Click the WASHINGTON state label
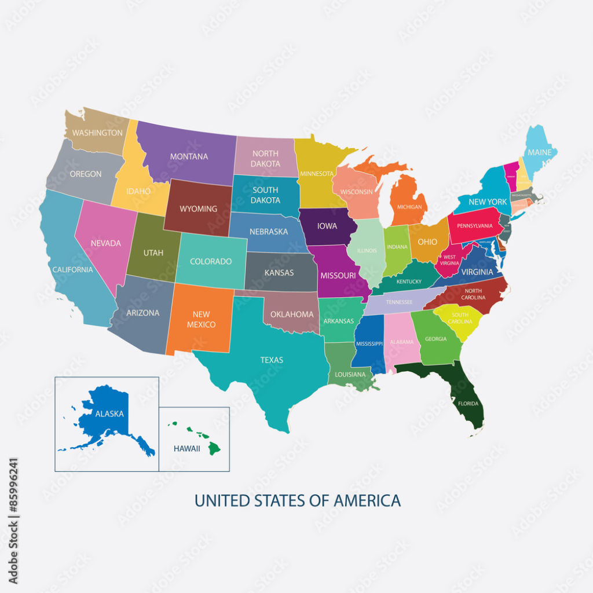pos(97,133)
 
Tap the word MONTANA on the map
pos(189,156)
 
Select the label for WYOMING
pos(198,208)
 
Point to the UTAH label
pos(153,252)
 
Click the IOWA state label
pos(327,226)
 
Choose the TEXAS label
pos(272,360)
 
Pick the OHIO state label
pos(427,241)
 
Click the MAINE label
pos(539,153)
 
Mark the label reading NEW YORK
pos(488,202)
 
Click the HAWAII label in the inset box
pos(186,448)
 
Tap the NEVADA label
pos(106,243)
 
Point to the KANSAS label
pos(279,272)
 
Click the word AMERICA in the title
pos(368,500)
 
